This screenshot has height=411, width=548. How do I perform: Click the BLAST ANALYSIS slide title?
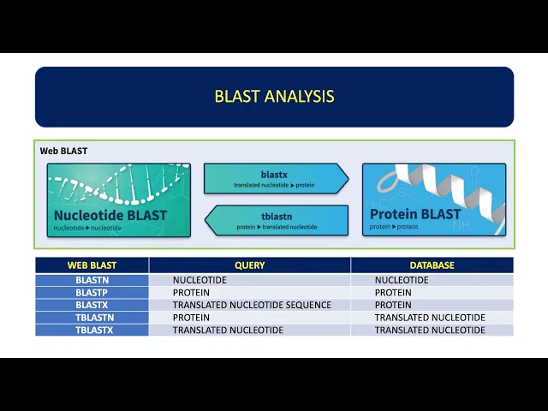pos(274,97)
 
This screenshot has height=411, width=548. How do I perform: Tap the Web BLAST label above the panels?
pos(63,151)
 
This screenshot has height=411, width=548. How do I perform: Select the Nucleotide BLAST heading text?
pos(110,215)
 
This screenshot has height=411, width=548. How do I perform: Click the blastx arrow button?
pos(276,178)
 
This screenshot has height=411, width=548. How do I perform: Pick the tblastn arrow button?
pos(277,220)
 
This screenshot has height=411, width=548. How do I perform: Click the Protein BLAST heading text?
pos(415,214)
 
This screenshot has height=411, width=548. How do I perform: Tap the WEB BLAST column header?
pos(92,265)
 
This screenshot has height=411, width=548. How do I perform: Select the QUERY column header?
pos(249,265)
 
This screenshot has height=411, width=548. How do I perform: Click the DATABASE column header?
pos(432,265)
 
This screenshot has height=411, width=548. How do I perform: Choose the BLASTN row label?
pos(92,280)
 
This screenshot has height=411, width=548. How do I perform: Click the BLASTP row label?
pos(92,293)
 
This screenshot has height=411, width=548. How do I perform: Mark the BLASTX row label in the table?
pos(92,305)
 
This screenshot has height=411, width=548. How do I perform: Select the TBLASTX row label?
pos(94,331)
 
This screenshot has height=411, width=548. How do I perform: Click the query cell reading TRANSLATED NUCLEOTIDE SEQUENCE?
pos(252,305)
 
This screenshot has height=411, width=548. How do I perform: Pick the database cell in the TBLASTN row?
pos(430,318)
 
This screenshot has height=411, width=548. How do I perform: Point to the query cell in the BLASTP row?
pos(191,293)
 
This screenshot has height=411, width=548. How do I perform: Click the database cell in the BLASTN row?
pos(402,280)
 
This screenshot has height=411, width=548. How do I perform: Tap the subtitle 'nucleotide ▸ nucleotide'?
pos(87,228)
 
